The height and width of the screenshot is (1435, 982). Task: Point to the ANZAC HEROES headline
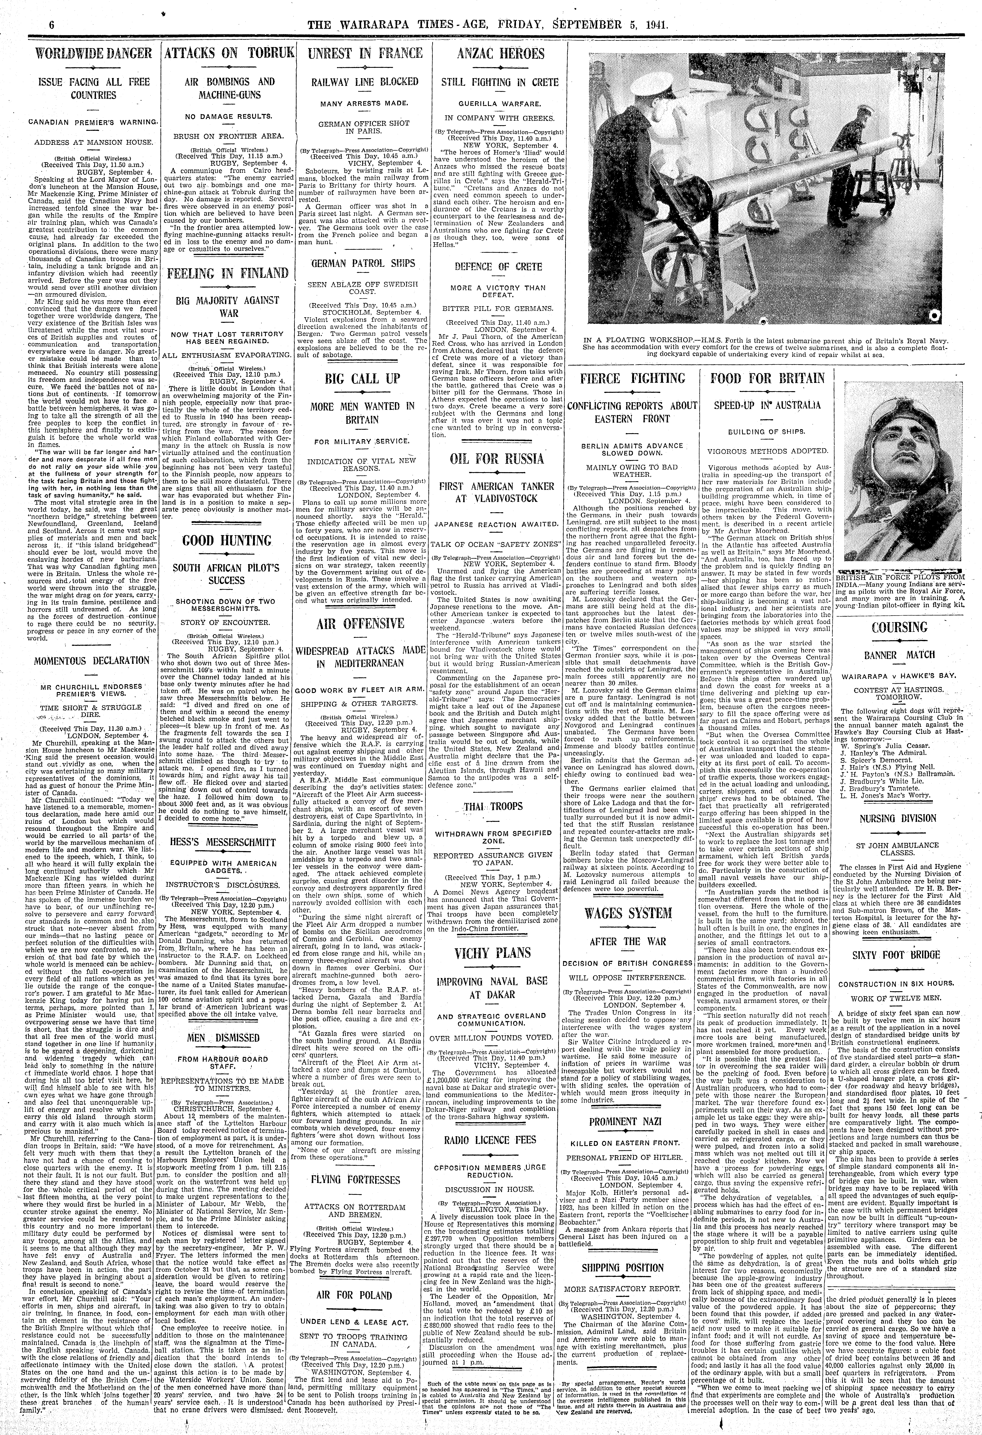pyautogui.click(x=501, y=54)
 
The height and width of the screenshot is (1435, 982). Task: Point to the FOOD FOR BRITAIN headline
pyautogui.click(x=767, y=378)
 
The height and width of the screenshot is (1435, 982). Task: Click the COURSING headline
pyautogui.click(x=899, y=628)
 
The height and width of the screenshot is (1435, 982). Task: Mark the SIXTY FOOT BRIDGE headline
pyautogui.click(x=899, y=955)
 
